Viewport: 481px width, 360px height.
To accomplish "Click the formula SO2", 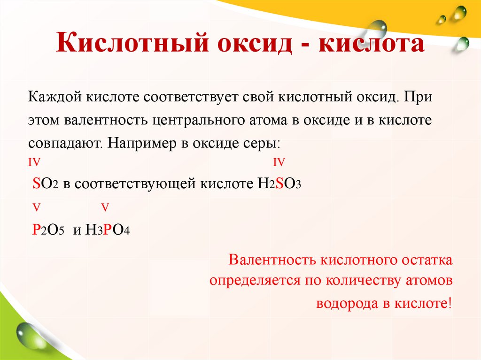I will coord(45,184).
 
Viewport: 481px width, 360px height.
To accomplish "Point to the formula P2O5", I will coord(48,230).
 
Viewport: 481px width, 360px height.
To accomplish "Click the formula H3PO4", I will coord(108,230).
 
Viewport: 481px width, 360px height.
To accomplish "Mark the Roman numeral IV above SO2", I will coord(34,162).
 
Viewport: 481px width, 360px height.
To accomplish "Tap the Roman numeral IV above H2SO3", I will coord(279,162).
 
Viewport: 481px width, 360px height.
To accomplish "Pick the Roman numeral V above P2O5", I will coord(37,207).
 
